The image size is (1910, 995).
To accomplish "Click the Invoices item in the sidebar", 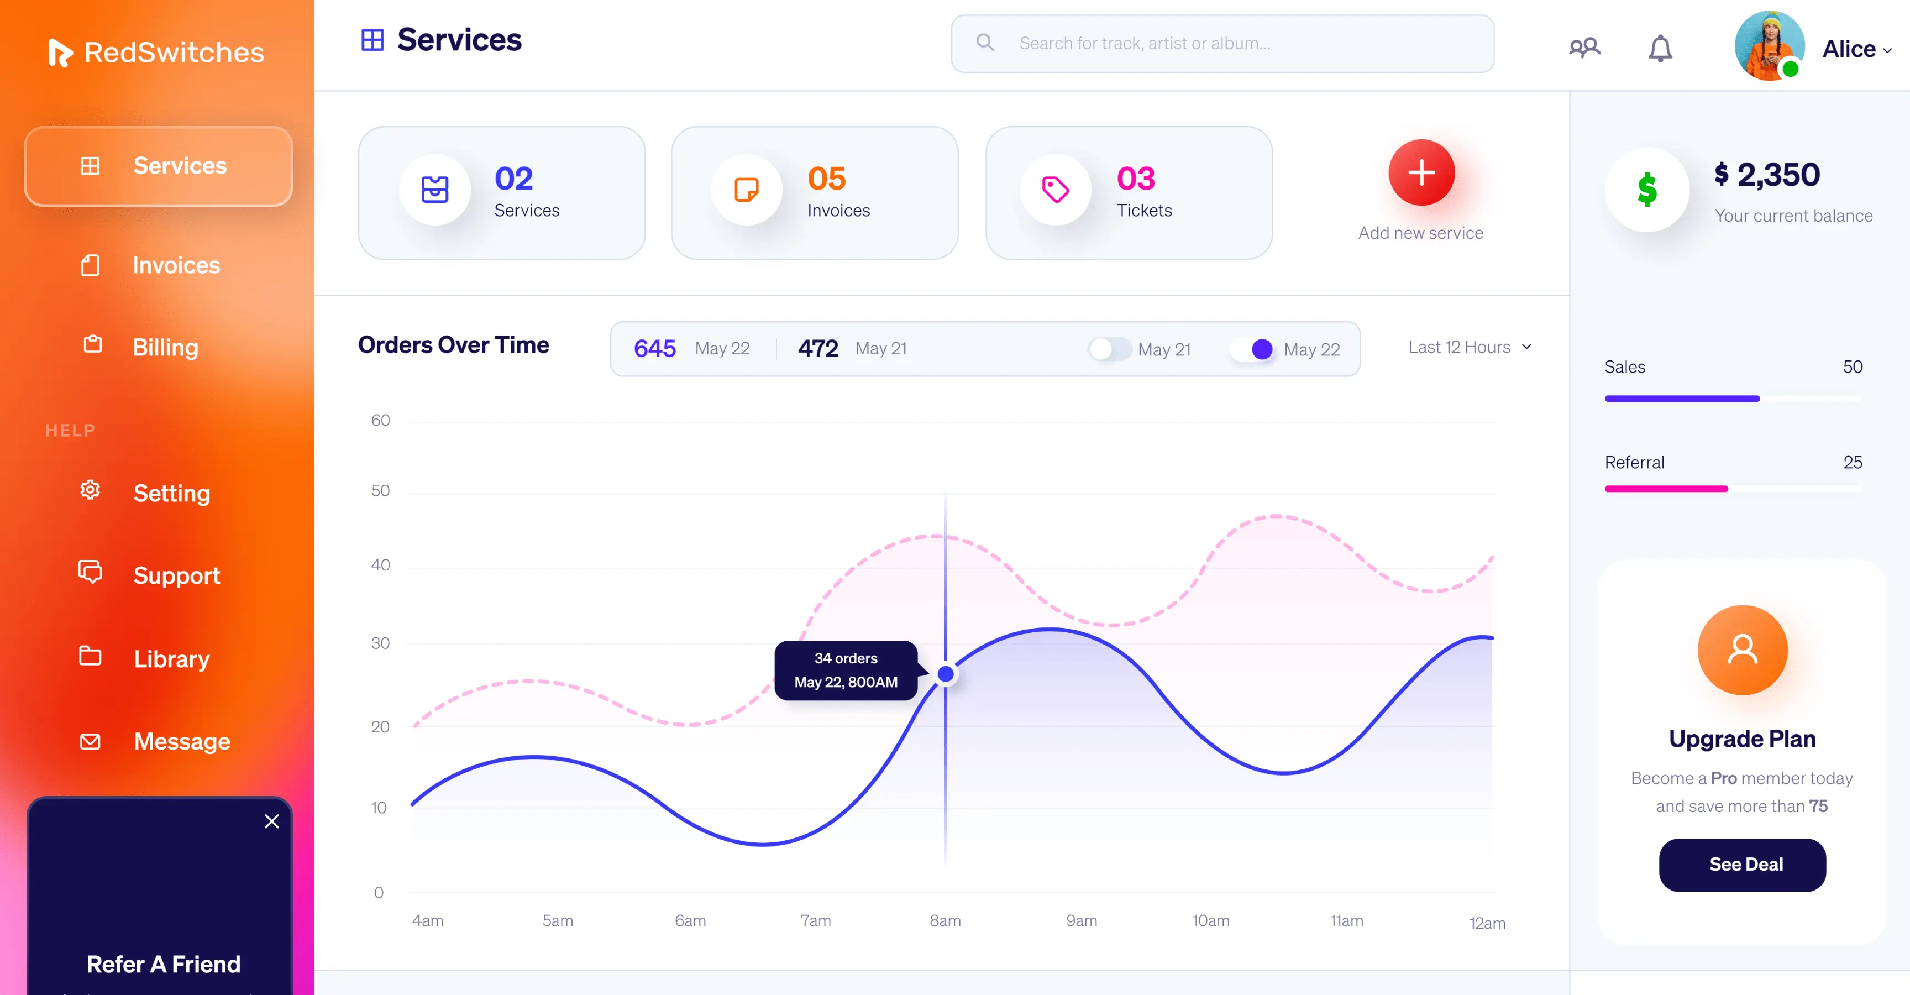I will tap(175, 265).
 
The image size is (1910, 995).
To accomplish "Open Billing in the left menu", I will tap(165, 347).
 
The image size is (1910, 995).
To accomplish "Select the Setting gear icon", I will tap(90, 490).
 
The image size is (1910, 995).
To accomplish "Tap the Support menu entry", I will tap(176, 575).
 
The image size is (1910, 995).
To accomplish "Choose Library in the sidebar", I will tap(171, 658).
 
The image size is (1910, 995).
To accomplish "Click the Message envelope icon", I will tap(90, 741).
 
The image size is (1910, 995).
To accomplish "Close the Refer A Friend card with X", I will tap(272, 821).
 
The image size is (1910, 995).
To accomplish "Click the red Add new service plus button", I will tap(1421, 174).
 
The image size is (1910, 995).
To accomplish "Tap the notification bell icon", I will tap(1660, 49).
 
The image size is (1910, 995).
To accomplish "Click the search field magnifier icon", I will tap(985, 43).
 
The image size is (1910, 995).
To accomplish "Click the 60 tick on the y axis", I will tap(380, 421).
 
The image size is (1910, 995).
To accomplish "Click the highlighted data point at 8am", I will tap(946, 674).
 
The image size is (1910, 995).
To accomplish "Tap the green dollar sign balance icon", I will tap(1647, 190).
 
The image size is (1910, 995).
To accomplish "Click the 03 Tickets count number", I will tap(1135, 179).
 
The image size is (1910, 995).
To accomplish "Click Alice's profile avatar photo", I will tap(1769, 46).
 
